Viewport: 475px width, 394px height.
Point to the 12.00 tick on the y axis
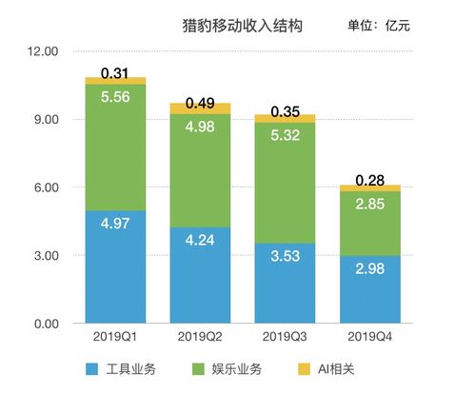click(x=44, y=51)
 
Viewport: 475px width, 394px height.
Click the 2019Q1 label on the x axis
click(x=115, y=337)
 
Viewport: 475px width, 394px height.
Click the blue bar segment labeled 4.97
click(x=115, y=267)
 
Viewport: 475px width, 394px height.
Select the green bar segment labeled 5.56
click(x=115, y=148)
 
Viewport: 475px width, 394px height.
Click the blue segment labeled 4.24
click(x=199, y=276)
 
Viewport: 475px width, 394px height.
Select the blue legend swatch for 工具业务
click(x=92, y=368)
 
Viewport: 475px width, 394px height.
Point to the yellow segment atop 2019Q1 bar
click(x=115, y=81)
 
